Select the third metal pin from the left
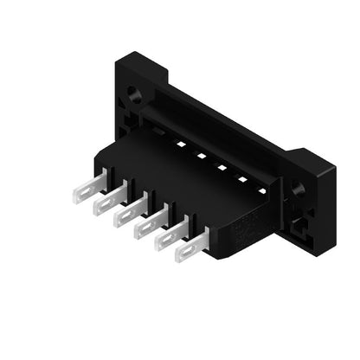(130, 213)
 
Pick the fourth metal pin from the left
(150, 226)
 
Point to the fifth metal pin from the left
(170, 238)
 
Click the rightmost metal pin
(191, 250)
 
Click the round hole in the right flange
(299, 188)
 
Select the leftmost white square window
(181, 145)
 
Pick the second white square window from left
(201, 156)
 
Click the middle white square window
(222, 167)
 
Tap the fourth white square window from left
(242, 179)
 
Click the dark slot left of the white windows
(160, 132)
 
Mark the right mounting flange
(312, 199)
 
